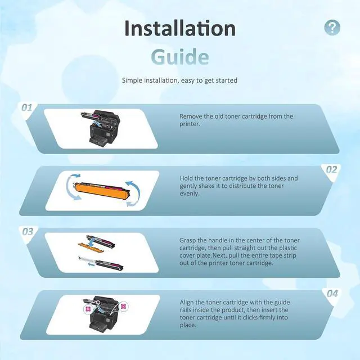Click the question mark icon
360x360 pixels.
pos(332,28)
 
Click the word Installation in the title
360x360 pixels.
pos(180,28)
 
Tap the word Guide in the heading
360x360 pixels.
pos(180,57)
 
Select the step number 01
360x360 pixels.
pos(26,107)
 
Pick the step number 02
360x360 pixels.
pos(332,170)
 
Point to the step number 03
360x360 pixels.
pos(28,232)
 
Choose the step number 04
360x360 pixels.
pos(332,294)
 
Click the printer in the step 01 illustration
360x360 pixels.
pos(101,129)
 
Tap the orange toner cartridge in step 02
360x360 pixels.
pos(101,191)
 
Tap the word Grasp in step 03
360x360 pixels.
pos(187,240)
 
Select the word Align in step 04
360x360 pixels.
pos(187,303)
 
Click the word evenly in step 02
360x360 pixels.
pos(190,193)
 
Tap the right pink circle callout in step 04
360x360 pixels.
pos(123,306)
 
